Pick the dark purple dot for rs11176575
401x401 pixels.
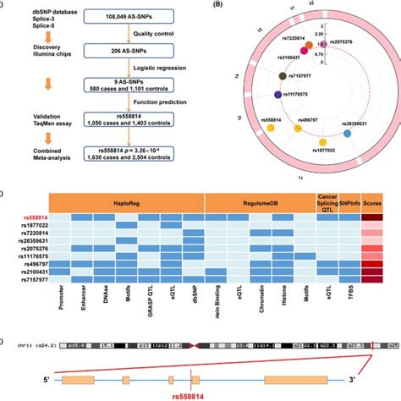tap(278, 95)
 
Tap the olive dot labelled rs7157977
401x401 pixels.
tap(283, 77)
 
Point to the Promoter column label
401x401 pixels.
tap(58, 298)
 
